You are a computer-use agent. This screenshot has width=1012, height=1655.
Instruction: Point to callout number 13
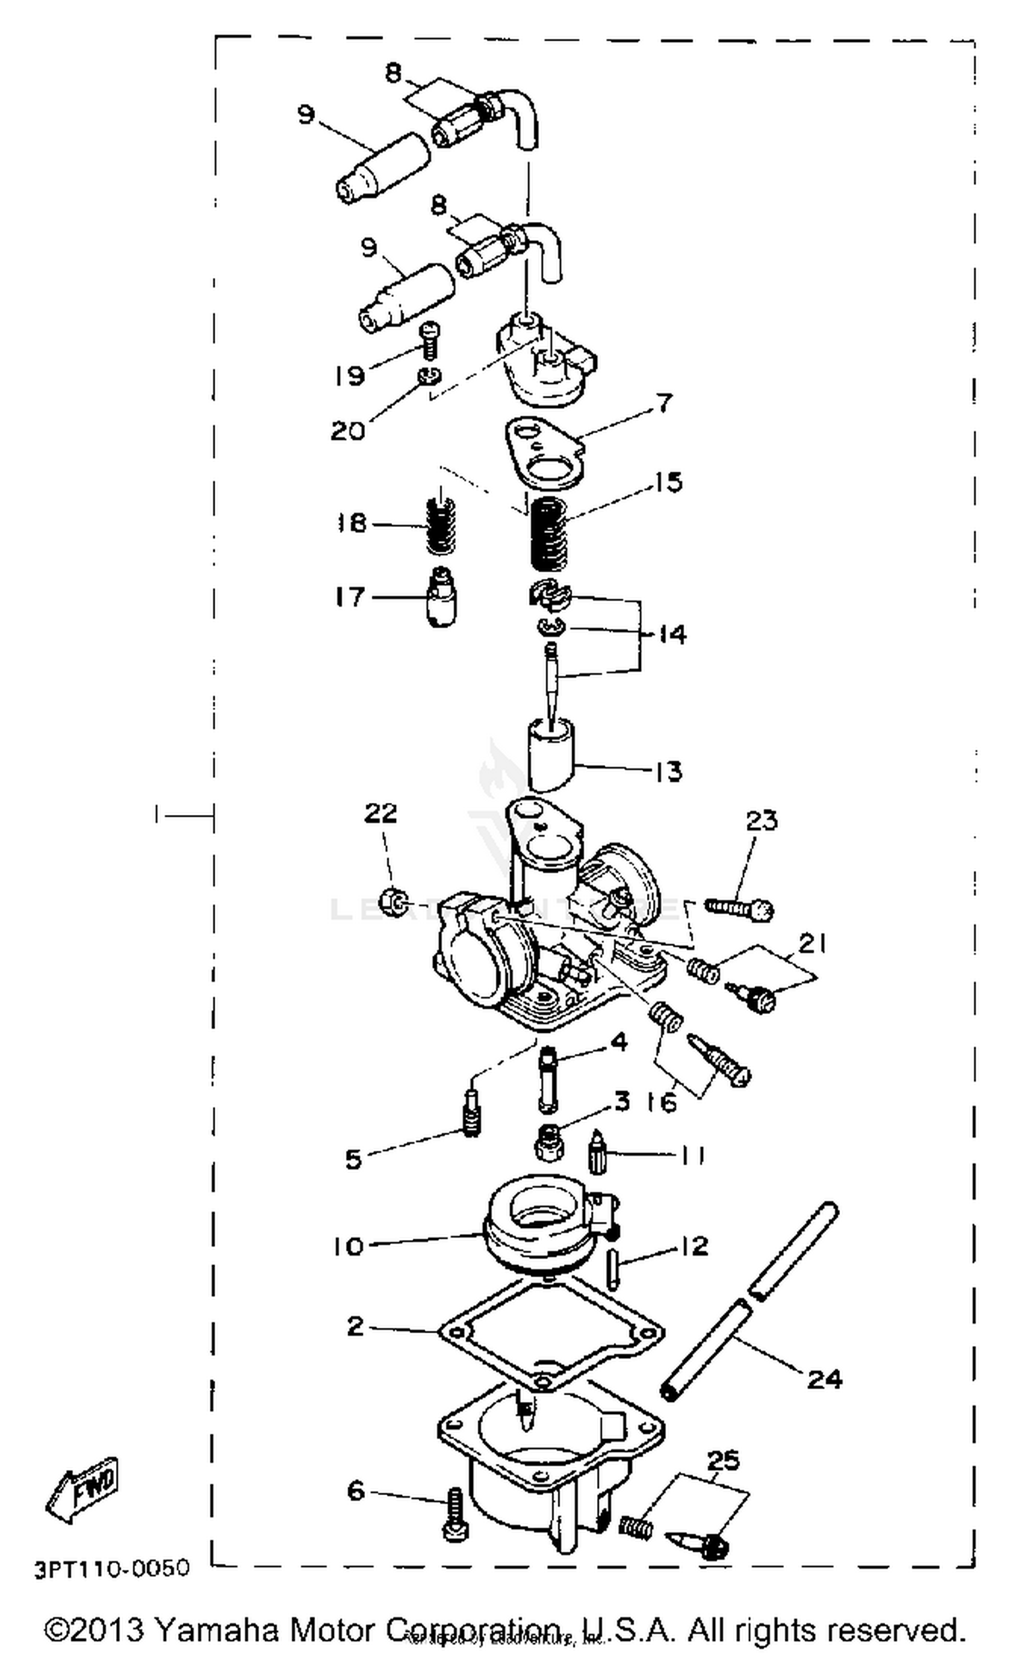click(668, 770)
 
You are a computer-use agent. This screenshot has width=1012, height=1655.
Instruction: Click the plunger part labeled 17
click(441, 596)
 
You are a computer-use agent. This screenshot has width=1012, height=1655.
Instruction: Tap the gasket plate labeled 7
click(544, 452)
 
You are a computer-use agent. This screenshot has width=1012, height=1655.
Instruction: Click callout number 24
click(824, 1378)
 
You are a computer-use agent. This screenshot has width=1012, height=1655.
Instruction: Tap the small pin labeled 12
click(611, 1269)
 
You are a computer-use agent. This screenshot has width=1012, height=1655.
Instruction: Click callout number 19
click(349, 375)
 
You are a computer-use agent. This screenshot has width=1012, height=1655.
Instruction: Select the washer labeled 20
click(427, 375)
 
